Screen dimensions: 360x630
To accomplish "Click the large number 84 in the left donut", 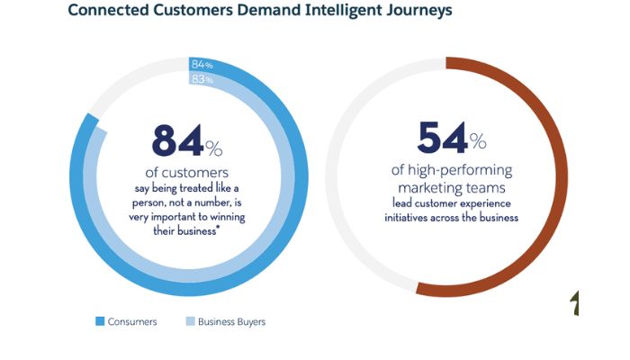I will (176, 141).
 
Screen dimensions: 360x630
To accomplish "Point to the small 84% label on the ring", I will (202, 65).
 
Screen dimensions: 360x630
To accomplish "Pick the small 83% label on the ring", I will (202, 79).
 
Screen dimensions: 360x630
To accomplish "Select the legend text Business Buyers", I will (231, 321).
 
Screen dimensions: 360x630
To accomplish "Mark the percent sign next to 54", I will (478, 142).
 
